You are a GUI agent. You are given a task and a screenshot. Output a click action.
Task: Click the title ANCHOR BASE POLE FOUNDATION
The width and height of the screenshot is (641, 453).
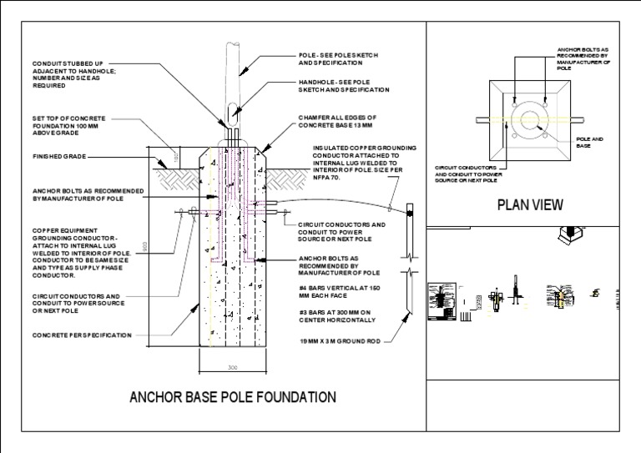click(232, 397)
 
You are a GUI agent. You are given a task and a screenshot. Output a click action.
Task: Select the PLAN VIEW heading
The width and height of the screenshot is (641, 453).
click(530, 204)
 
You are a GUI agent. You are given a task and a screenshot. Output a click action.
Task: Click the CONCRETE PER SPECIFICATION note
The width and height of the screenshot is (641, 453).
click(83, 335)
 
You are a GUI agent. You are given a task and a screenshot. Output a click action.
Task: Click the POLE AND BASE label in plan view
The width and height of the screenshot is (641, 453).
click(588, 143)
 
